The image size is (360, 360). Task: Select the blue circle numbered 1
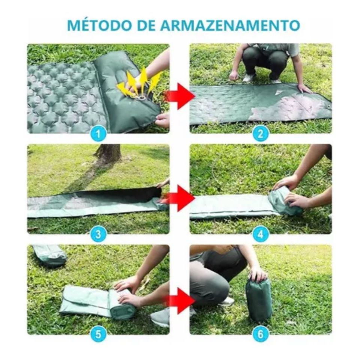tap(98, 133)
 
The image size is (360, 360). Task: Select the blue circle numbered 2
tap(261, 133)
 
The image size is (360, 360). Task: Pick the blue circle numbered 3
tap(98, 234)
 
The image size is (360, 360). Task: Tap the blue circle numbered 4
tap(261, 234)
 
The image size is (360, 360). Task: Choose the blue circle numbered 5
tap(98, 334)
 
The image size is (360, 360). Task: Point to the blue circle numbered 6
tap(261, 334)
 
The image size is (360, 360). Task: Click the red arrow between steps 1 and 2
tap(180, 96)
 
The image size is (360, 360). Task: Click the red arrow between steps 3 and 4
tap(180, 198)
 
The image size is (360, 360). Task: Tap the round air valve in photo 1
tap(142, 99)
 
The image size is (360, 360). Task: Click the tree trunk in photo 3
tap(107, 153)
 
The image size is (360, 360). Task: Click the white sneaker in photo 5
tap(160, 317)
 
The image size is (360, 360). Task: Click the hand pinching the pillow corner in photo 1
tap(163, 120)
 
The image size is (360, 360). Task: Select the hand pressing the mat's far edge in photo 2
tap(304, 88)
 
